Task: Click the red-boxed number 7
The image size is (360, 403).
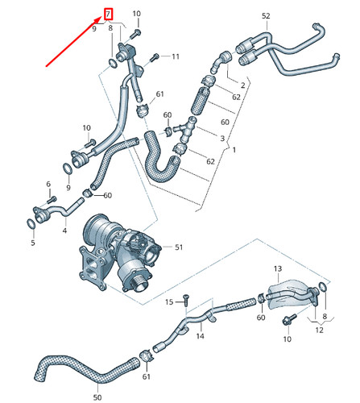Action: point(110,15)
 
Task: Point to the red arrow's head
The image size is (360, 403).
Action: point(99,19)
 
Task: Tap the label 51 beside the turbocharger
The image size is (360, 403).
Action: point(179,247)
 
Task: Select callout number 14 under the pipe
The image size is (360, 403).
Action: point(201,337)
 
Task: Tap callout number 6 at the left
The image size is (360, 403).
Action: point(48,185)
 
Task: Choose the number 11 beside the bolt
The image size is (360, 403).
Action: point(176,56)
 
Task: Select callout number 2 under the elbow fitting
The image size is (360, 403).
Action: point(242,85)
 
